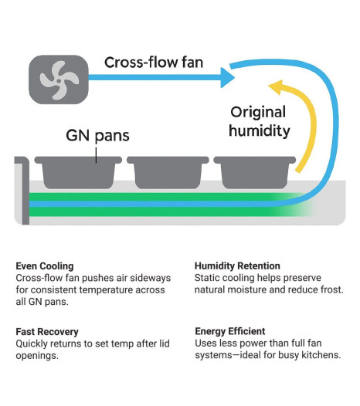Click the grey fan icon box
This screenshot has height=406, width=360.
(x=59, y=80)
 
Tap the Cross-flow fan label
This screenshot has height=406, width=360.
(x=154, y=63)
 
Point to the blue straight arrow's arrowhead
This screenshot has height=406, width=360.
(x=227, y=77)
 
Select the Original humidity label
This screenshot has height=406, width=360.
(x=259, y=121)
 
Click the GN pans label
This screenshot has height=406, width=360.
(x=97, y=136)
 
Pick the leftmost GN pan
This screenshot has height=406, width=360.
(x=78, y=172)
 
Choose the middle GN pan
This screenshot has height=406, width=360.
(x=168, y=172)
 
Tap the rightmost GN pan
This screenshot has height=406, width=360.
(x=254, y=172)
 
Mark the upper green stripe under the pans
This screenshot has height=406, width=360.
(x=166, y=197)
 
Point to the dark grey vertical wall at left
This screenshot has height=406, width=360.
(x=25, y=191)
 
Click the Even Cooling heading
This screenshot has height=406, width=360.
(x=45, y=266)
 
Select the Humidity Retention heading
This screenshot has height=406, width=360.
(x=237, y=266)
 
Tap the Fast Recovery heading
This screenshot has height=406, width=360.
(x=47, y=332)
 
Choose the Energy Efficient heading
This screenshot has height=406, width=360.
(x=230, y=331)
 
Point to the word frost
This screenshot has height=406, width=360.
(x=332, y=289)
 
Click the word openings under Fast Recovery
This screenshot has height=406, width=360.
(x=37, y=356)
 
